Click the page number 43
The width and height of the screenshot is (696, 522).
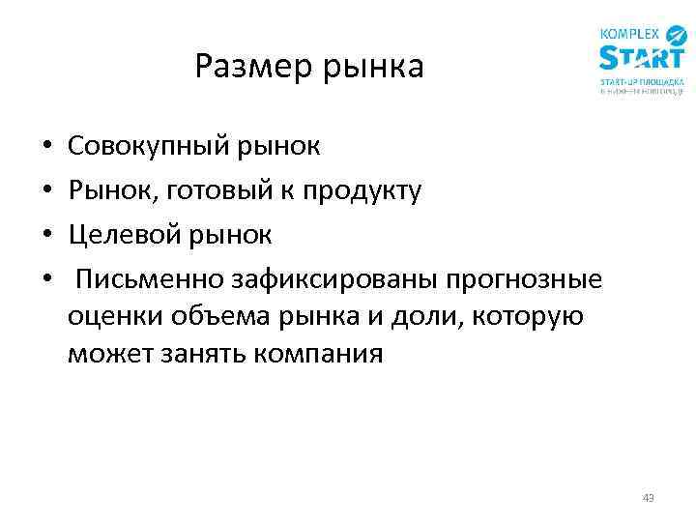click(648, 498)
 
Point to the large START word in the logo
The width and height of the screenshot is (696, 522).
click(641, 59)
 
